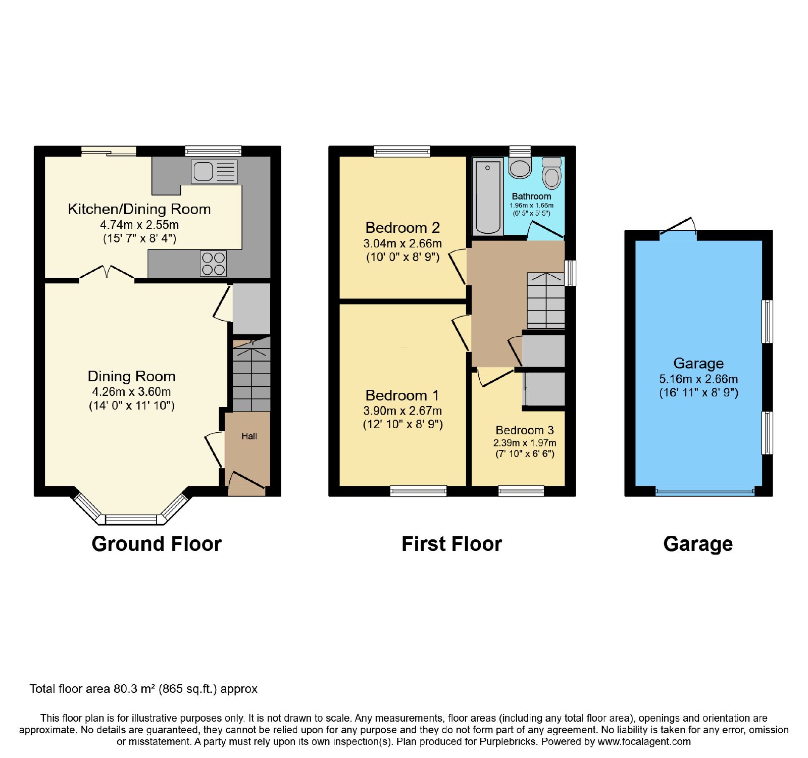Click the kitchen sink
pos(214,172)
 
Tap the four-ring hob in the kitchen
pos(213,264)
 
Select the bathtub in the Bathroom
pos(488,196)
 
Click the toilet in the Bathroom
pos(551,173)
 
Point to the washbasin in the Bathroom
pos(520,168)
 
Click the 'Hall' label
pos(249,436)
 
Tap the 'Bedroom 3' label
pos(525,430)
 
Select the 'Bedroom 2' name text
pos(402,228)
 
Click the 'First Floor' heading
pos(451,544)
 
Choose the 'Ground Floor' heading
pos(157,544)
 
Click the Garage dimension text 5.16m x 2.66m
pos(698,379)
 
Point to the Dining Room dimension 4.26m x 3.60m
pos(131,392)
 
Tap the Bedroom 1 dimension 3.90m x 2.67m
pos(402,411)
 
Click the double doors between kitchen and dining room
pos(107,273)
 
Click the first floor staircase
pos(546,301)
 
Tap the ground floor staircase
pos(251,374)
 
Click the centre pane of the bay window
pos(131,519)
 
